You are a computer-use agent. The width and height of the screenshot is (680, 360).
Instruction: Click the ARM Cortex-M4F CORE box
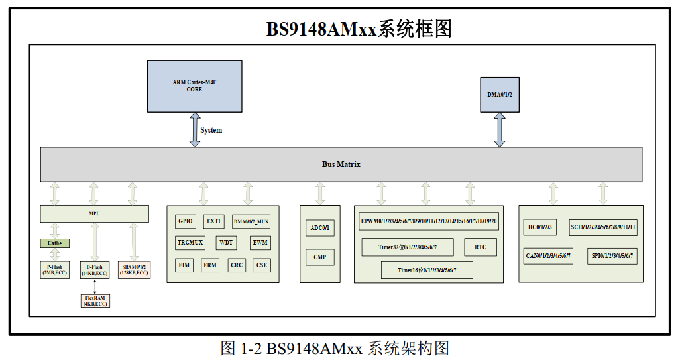point(194,86)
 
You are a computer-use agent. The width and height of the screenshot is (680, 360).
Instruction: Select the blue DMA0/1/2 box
point(499,95)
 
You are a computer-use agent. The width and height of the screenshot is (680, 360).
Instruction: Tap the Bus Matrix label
point(341,164)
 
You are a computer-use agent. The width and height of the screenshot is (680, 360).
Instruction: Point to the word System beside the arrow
point(211,130)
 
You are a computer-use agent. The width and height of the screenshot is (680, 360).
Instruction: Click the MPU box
point(94,213)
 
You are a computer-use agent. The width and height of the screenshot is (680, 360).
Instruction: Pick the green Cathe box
point(54,243)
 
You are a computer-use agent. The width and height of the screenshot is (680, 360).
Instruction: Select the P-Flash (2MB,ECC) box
point(54,270)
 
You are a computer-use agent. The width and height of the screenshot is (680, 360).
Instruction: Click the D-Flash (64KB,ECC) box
point(95,270)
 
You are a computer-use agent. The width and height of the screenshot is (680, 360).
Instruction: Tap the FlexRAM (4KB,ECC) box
point(95,300)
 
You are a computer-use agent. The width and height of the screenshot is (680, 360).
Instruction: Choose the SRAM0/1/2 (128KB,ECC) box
point(135,270)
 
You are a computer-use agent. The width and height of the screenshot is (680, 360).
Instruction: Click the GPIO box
point(186,221)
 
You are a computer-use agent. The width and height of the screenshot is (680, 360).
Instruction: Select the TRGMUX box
point(190,243)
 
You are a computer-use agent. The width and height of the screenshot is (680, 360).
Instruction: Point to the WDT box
point(227,243)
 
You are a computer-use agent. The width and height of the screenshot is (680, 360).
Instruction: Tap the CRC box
point(237,265)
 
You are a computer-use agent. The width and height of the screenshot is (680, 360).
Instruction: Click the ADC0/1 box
point(320,229)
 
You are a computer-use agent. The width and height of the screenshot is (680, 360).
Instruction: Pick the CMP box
point(320,257)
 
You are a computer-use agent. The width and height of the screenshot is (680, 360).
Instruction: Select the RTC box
point(481,247)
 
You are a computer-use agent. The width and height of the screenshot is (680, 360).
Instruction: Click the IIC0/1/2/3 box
point(539,227)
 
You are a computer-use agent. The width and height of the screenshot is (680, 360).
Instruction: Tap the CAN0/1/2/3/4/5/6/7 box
point(548,256)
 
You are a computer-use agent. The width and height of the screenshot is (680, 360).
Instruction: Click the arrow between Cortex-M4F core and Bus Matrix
point(195,129)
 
